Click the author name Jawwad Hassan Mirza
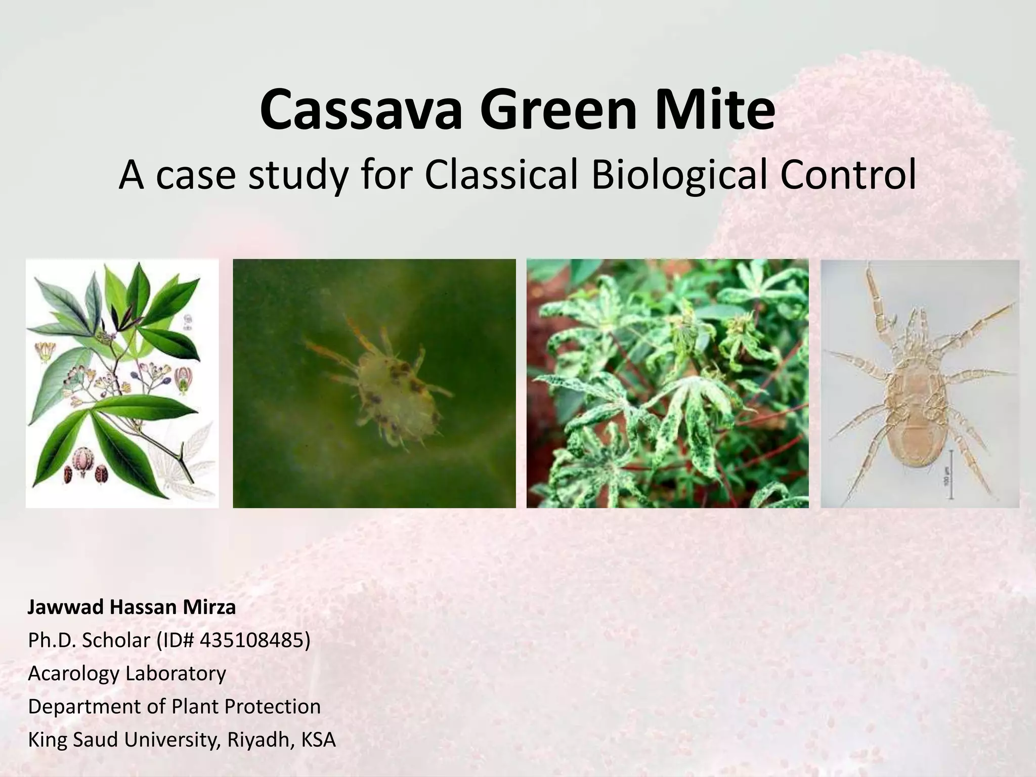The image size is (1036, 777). [x=132, y=607]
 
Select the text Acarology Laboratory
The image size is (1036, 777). [x=127, y=673]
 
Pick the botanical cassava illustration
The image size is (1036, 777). [x=122, y=383]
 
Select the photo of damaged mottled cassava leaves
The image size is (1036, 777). [x=667, y=383]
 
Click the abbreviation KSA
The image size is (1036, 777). [x=318, y=740]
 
